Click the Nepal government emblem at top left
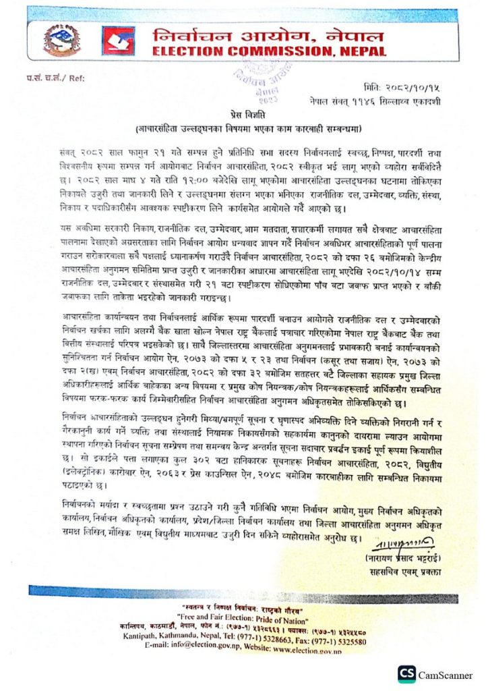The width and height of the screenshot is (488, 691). [61, 41]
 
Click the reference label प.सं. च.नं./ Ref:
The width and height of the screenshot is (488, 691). [48, 79]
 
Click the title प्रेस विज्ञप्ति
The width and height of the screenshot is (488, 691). [243, 115]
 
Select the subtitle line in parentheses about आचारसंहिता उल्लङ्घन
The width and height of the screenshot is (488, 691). [243, 127]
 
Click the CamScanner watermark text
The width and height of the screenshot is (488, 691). [446, 674]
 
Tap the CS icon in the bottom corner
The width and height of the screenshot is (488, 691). [406, 673]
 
